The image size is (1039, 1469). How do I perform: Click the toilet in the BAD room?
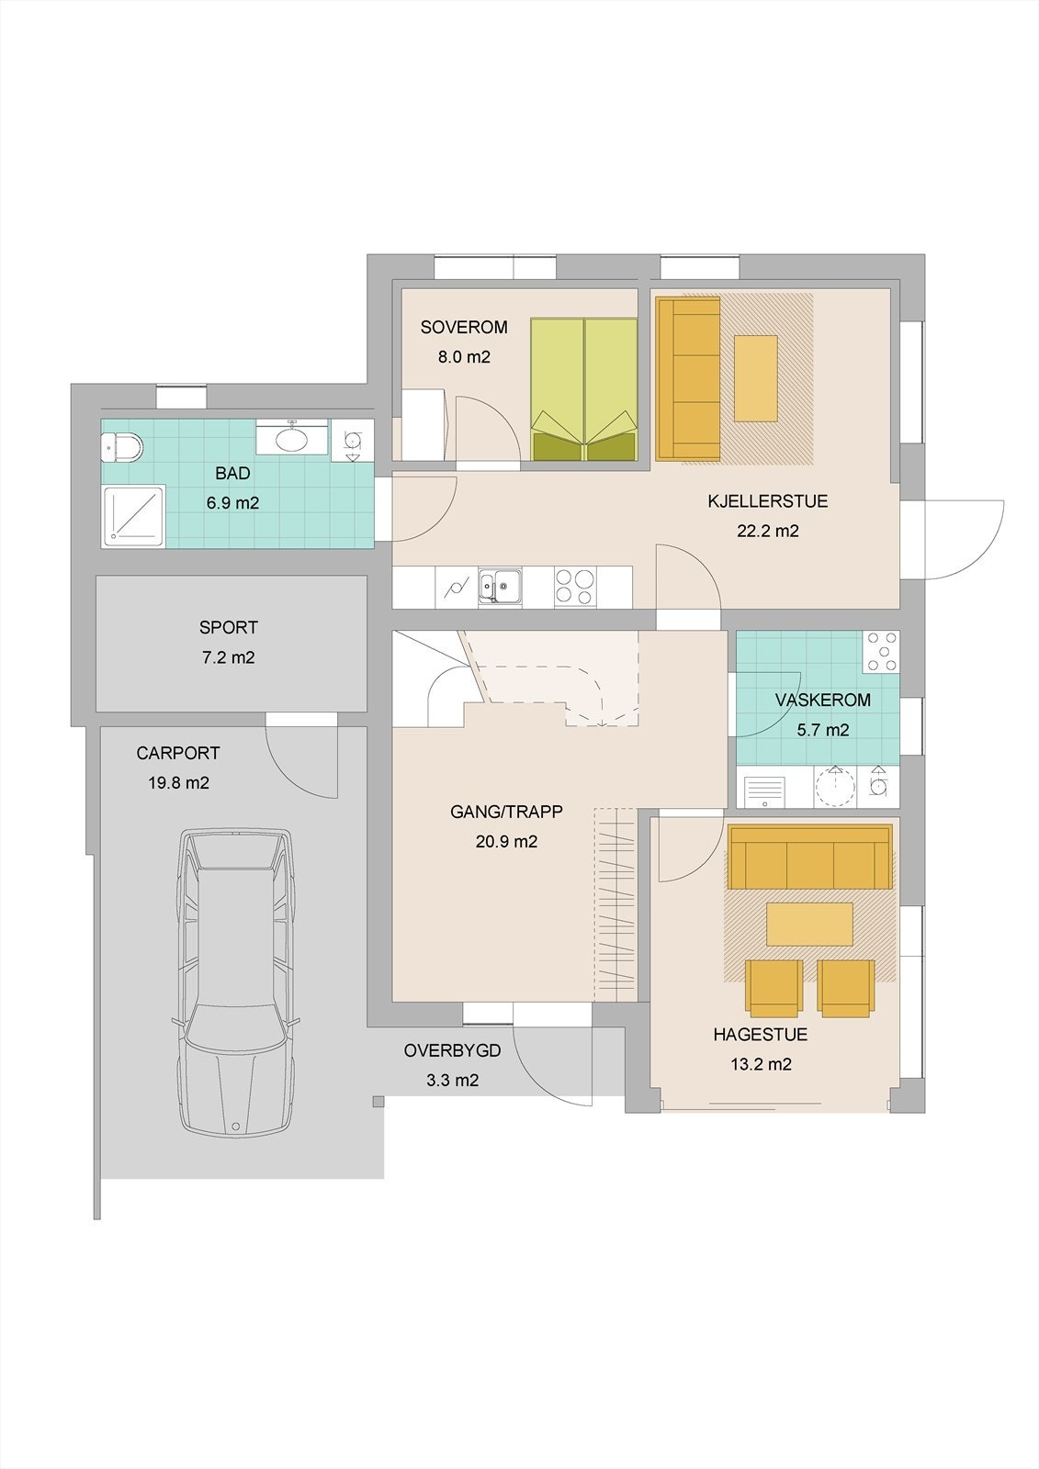click(122, 447)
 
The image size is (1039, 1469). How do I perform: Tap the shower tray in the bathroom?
click(133, 516)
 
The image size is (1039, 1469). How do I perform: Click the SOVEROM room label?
click(464, 327)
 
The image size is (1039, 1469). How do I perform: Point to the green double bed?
click(584, 389)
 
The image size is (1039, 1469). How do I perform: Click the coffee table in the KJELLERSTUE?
click(755, 378)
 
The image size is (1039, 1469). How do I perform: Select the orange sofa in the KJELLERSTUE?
click(688, 378)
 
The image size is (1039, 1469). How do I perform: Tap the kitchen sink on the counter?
click(500, 585)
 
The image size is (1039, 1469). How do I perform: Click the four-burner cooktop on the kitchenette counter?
click(575, 587)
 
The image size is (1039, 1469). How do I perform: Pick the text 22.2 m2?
click(768, 531)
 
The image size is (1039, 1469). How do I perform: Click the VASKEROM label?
click(822, 700)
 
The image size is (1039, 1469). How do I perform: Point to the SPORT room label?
click(229, 628)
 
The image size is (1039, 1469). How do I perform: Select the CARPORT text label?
click(178, 753)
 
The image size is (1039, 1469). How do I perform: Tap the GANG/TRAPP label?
click(506, 812)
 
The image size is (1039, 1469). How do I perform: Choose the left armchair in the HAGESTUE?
click(774, 988)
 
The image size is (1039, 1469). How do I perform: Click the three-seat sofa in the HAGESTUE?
click(810, 858)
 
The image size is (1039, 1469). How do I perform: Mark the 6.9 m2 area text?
click(232, 503)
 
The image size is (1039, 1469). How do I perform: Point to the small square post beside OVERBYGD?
click(378, 1102)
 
